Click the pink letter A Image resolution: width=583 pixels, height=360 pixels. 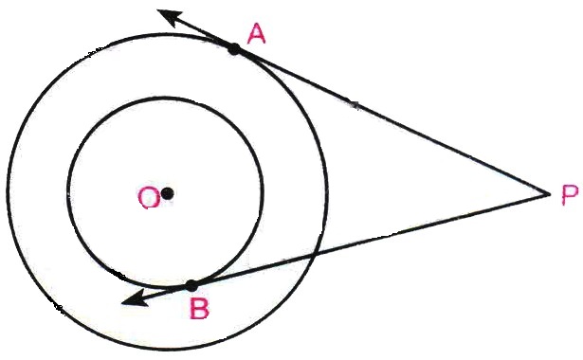point(257,34)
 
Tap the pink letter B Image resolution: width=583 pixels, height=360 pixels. point(199,309)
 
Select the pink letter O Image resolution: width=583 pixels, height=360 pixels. point(149,197)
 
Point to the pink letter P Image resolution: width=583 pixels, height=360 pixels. point(570,195)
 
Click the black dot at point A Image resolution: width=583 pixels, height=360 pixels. point(234,48)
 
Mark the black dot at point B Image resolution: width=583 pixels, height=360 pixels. point(191,286)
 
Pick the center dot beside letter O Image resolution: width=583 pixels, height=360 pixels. point(168,193)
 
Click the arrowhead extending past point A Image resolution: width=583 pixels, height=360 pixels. point(171,17)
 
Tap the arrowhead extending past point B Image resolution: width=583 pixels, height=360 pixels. point(135,298)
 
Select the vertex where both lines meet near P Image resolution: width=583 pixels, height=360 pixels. point(549,193)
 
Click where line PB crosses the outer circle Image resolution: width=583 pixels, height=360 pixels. point(316,255)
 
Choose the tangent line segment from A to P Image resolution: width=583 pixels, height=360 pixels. point(392,121)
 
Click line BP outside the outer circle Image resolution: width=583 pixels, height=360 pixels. point(432,224)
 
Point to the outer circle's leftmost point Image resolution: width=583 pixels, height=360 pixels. point(8,191)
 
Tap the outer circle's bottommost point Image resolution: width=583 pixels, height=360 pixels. point(167,349)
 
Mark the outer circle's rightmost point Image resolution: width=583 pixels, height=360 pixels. point(327,191)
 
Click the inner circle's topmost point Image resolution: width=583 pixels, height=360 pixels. point(166,98)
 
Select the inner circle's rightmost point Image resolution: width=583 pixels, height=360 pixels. point(264,193)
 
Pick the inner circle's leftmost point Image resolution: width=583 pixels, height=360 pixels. point(68,193)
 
